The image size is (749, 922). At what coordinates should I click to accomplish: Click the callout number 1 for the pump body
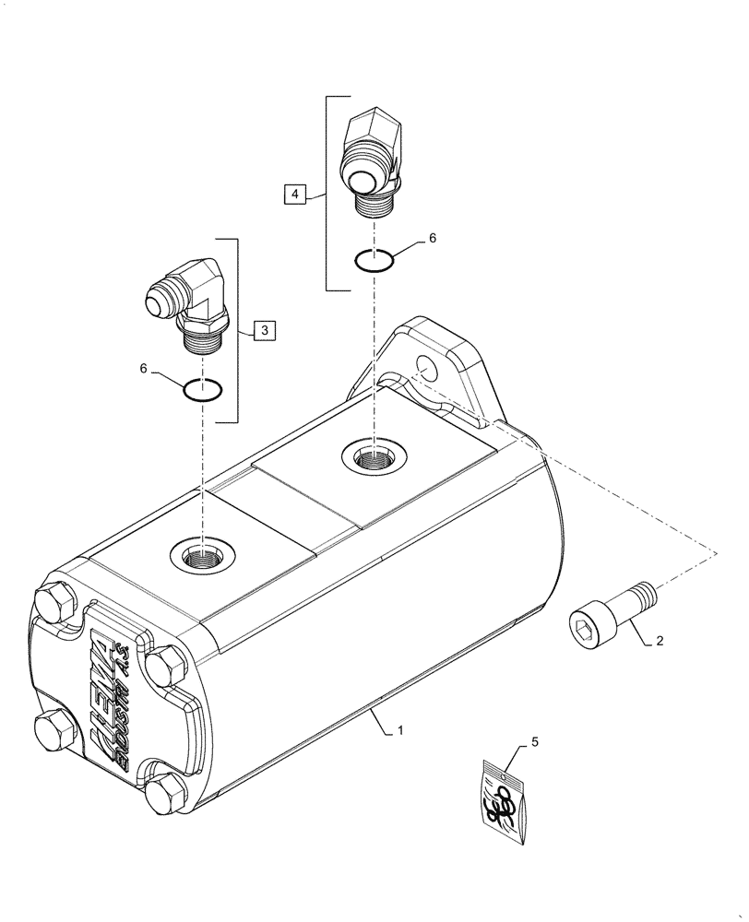400,730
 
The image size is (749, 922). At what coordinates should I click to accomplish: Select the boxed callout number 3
263,329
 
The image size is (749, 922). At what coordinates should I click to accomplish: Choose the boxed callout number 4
293,194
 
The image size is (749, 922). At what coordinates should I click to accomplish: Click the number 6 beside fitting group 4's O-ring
432,239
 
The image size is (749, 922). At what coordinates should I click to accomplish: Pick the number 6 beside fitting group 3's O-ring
144,368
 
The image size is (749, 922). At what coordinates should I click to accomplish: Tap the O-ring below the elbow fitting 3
202,390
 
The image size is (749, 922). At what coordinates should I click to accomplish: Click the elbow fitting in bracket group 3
189,302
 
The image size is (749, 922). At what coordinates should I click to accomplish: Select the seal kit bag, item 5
506,798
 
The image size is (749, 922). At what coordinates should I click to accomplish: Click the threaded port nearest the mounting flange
373,455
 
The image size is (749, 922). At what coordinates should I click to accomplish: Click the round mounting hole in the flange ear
425,365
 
